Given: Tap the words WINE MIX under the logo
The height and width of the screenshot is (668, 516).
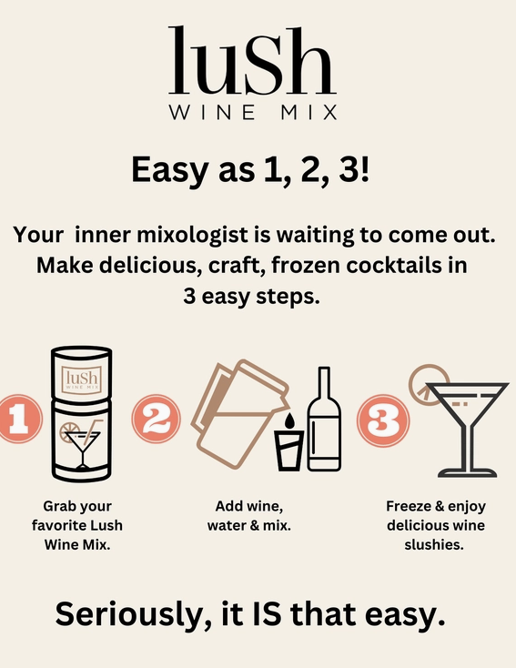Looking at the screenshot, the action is pyautogui.click(x=254, y=113).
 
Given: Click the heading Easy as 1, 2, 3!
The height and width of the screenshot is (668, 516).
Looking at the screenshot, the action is pyautogui.click(x=250, y=169).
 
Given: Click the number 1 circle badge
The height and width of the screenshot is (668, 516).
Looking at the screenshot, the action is pyautogui.click(x=20, y=419).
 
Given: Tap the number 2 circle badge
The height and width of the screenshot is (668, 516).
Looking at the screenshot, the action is pyautogui.click(x=156, y=419).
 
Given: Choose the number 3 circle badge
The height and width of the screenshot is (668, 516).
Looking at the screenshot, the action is pyautogui.click(x=383, y=420).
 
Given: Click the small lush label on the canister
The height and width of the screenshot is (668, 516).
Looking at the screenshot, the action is pyautogui.click(x=82, y=379).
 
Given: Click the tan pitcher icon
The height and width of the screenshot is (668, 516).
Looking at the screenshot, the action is pyautogui.click(x=238, y=413).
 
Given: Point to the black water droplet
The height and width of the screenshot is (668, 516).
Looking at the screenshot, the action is pyautogui.click(x=288, y=420).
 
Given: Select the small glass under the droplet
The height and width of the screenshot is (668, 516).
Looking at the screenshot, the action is pyautogui.click(x=288, y=450).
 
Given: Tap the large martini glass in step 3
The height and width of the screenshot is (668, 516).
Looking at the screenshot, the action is pyautogui.click(x=468, y=430).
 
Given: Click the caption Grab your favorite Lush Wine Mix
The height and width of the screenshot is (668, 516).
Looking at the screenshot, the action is pyautogui.click(x=77, y=525).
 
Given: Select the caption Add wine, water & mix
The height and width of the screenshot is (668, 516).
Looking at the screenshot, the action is pyautogui.click(x=249, y=515).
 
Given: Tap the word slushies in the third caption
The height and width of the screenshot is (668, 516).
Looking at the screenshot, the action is pyautogui.click(x=434, y=544).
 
